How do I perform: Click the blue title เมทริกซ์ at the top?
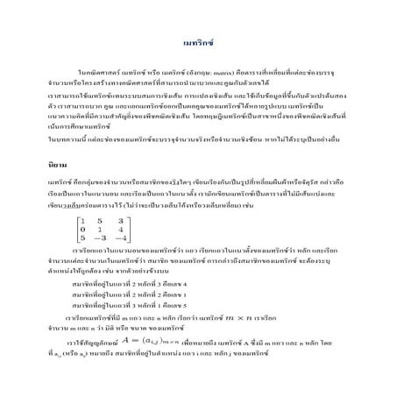pyautogui.click(x=199, y=42)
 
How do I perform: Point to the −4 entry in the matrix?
pyautogui.click(x=124, y=237)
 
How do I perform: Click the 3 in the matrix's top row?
pyautogui.click(x=124, y=217)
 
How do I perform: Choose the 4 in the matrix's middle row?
pyautogui.click(x=124, y=227)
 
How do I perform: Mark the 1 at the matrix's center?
pyautogui.click(x=105, y=227)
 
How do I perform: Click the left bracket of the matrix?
pyautogui.click(x=76, y=227)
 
